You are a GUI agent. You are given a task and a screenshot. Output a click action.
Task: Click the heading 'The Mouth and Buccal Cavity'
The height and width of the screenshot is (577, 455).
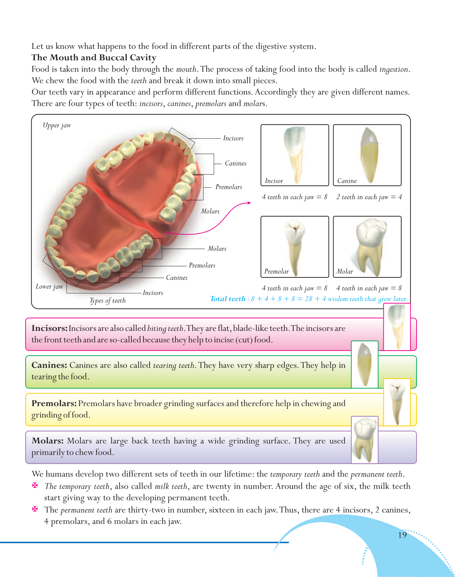(94, 58)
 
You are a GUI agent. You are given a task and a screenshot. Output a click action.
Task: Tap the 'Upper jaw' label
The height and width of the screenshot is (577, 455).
(57, 125)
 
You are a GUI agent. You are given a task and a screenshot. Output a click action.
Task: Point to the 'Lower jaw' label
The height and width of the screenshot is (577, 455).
(49, 286)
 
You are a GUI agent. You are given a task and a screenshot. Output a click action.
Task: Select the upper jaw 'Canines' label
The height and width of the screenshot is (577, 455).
(235, 163)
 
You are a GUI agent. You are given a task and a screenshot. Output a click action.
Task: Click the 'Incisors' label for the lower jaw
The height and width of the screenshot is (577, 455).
(153, 293)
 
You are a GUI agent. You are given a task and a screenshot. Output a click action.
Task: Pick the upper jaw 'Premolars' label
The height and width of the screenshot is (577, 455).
(229, 187)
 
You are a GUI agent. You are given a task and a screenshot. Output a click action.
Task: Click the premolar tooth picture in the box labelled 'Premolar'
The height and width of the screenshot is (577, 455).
(295, 246)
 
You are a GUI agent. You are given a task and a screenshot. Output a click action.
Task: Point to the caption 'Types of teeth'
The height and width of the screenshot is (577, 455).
(108, 301)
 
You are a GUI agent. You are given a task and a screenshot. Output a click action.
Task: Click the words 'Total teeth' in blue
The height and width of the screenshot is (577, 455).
(227, 299)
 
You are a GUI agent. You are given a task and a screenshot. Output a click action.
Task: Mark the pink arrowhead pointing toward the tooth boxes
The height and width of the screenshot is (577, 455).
(249, 203)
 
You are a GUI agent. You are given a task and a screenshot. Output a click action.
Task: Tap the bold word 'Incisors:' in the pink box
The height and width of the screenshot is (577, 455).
(49, 328)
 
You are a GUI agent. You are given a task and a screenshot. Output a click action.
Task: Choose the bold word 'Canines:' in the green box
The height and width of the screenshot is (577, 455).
(49, 365)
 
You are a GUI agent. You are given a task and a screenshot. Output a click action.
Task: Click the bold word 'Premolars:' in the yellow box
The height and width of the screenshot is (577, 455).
(54, 404)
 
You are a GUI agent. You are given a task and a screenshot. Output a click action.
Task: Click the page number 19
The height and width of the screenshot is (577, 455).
(402, 535)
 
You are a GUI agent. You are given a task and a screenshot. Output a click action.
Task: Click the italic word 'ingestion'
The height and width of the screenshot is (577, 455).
(394, 69)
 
